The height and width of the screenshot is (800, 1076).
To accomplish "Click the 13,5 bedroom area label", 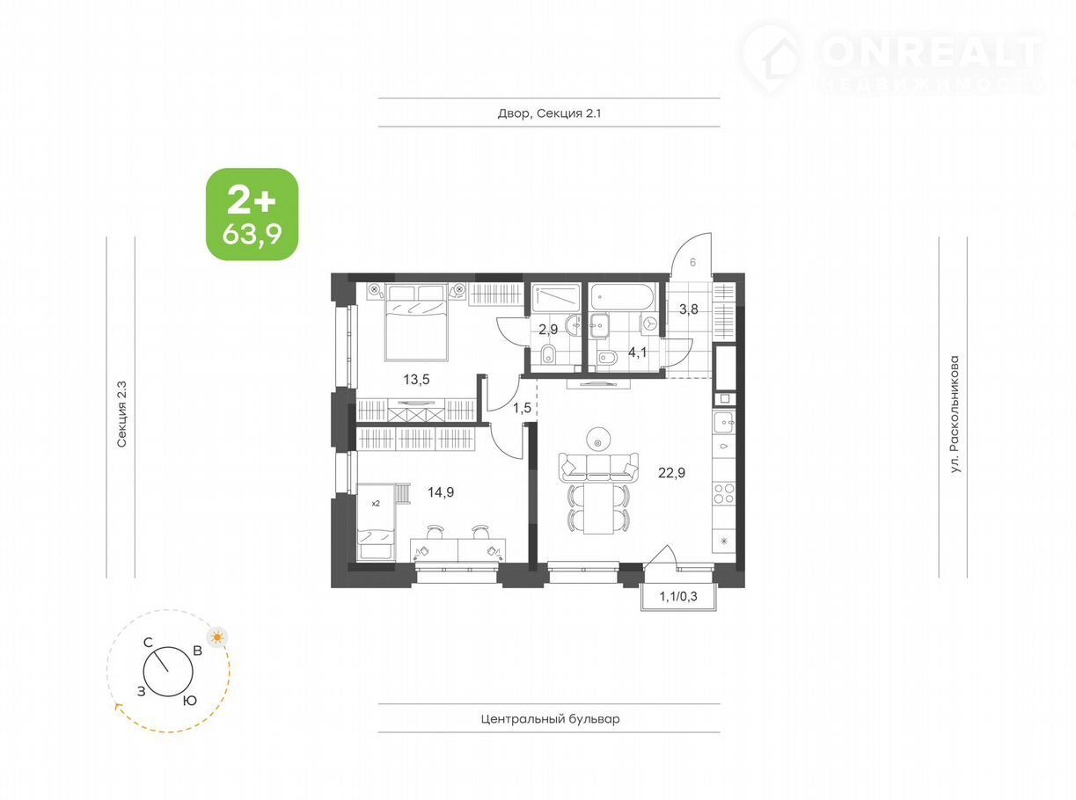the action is (416, 379).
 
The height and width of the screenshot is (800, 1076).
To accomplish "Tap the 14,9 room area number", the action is (441, 492).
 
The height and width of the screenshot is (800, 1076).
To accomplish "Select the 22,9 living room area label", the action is (671, 472).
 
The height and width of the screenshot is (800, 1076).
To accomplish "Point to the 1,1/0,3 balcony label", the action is (678, 596).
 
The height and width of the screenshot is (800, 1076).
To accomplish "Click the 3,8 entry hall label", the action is (688, 309).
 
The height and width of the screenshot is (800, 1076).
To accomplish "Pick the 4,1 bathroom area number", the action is (638, 352).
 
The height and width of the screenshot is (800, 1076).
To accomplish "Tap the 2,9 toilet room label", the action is (548, 330).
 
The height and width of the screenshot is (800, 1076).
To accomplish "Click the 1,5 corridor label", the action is (522, 408).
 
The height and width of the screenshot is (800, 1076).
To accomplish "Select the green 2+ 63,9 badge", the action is (253, 214).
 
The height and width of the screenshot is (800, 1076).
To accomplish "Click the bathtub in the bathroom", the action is (623, 297).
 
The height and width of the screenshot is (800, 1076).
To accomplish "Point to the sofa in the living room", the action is (598, 468).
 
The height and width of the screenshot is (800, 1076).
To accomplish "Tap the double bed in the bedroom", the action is (416, 323).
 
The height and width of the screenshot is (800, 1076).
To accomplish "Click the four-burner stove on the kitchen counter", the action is (724, 493).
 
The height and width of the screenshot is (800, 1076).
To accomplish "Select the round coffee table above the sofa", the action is (598, 440).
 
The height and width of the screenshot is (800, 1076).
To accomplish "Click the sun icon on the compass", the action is (217, 637).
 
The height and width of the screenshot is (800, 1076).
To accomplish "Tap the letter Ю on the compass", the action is (190, 701).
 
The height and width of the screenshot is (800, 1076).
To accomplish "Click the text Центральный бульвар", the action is (550, 718).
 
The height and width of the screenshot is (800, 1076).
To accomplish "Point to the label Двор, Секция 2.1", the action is (549, 113).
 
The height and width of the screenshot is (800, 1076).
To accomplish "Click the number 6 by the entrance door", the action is (692, 262).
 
